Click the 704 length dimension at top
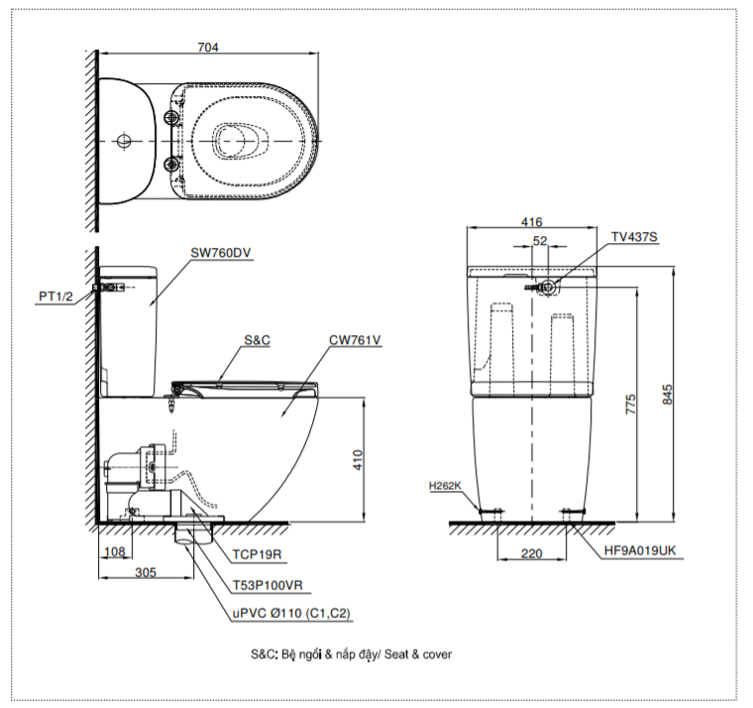tap(208, 47)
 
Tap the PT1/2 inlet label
tap(55, 295)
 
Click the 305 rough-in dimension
tap(145, 571)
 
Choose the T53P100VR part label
tap(268, 586)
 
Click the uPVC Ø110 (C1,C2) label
tap(291, 614)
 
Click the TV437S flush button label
tap(634, 237)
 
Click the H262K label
tap(446, 486)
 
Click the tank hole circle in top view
tap(124, 141)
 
